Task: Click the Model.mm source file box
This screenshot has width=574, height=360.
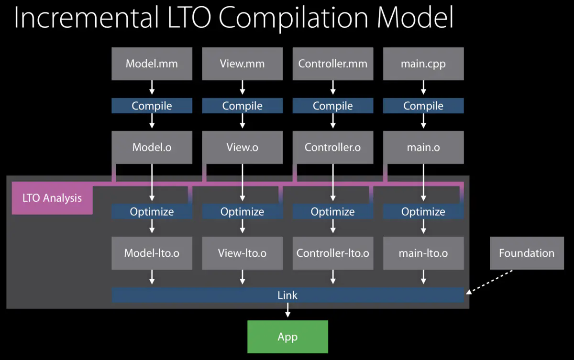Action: (152, 64)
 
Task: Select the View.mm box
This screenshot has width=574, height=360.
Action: (242, 64)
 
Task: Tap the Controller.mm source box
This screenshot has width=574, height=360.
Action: (332, 64)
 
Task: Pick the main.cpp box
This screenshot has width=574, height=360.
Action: (423, 64)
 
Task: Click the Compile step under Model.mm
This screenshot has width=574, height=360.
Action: (152, 106)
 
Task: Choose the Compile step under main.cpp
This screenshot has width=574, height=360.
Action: (423, 106)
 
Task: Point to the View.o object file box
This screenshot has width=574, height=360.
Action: (242, 148)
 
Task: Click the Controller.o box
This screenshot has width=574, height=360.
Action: (332, 148)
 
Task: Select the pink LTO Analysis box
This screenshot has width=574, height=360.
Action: (52, 198)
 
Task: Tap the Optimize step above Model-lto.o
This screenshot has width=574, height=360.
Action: (152, 211)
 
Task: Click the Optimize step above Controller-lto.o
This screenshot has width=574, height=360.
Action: (332, 211)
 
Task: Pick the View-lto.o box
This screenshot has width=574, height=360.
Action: (242, 253)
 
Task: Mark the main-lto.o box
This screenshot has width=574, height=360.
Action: (423, 253)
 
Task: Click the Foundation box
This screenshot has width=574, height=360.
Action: (527, 253)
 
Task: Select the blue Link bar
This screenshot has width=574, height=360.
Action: (287, 295)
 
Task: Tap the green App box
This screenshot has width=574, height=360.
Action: (287, 337)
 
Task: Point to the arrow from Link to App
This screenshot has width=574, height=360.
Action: (287, 311)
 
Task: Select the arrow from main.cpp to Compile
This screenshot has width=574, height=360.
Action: (423, 87)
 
